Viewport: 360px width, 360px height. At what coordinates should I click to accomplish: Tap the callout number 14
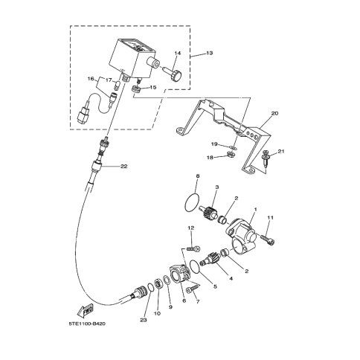178,54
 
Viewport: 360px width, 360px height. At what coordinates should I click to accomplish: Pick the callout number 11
271,217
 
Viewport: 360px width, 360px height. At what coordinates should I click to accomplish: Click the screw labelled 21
266,160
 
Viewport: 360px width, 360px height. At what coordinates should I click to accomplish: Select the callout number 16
91,77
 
